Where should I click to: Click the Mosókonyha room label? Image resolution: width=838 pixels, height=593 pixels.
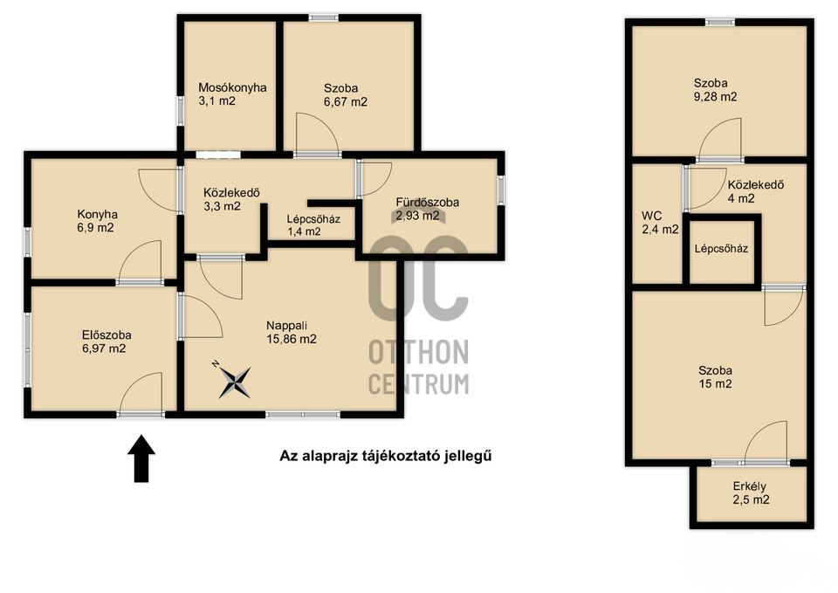(232, 87)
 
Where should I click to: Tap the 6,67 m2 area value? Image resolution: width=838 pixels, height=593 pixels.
(346, 101)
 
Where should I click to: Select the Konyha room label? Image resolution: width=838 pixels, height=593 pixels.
(97, 215)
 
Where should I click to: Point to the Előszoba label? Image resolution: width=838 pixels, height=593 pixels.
(106, 335)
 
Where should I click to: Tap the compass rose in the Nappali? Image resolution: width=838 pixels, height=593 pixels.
(234, 382)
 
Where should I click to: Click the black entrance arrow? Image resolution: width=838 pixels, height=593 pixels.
(141, 459)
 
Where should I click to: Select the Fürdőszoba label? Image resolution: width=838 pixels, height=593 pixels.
(427, 202)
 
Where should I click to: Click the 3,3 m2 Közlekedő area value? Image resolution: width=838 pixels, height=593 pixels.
(222, 206)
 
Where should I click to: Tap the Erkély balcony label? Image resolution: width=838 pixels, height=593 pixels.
(749, 486)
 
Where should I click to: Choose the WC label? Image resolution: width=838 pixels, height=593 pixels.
(651, 216)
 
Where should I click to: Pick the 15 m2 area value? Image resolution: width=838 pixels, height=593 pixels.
(715, 383)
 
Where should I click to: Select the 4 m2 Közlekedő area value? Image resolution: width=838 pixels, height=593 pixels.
(741, 198)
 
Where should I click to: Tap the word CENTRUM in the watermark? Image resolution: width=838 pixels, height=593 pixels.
(418, 384)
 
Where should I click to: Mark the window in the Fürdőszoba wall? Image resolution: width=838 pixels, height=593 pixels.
(501, 190)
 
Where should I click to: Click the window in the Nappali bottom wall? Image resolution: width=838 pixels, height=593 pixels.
(303, 415)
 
